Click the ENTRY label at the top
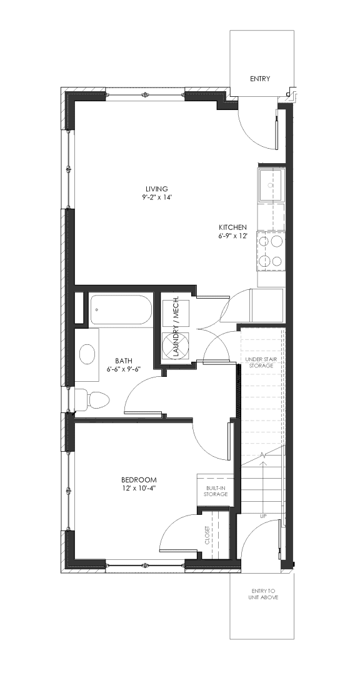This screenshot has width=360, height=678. tap(260, 79)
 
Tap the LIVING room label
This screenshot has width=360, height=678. tap(157, 189)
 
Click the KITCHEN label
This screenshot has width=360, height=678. tap(232, 227)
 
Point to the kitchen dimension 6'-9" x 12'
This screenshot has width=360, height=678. tap(232, 236)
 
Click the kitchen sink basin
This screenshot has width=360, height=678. tap(271, 186)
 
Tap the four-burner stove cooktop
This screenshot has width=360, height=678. tap(271, 250)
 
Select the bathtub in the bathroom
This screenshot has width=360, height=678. tap(121, 309)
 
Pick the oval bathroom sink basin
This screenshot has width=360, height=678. tap(87, 354)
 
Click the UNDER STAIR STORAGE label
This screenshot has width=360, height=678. tap(259, 362)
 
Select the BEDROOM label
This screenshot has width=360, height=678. tap(139, 480)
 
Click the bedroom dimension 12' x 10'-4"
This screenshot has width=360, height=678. tap(139, 489)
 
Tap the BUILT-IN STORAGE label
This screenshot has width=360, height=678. tap(216, 491)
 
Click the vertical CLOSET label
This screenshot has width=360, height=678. tap(207, 536)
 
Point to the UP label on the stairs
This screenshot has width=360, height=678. tap(263, 516)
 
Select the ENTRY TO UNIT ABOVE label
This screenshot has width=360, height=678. tap(263, 594)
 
